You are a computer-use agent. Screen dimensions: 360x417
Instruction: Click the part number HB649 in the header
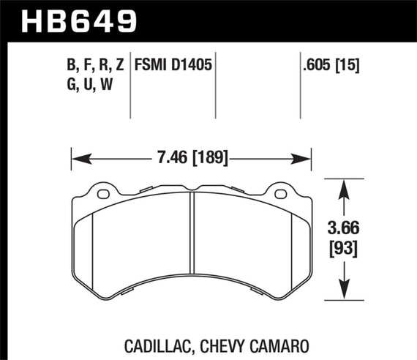pyautogui.click(x=81, y=19)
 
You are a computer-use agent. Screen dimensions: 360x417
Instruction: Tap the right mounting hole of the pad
pyautogui.click(x=279, y=194)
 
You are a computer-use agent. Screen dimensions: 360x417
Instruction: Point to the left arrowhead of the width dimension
pyautogui.click(x=75, y=157)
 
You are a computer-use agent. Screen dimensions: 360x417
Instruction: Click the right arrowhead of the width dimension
pyautogui.click(x=307, y=157)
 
